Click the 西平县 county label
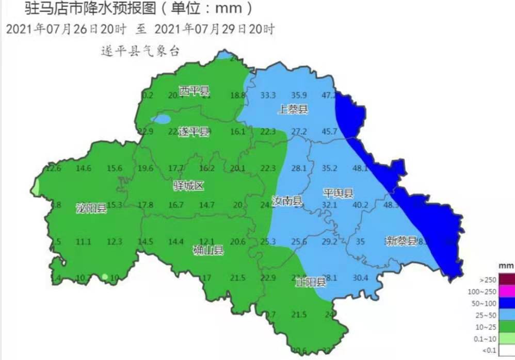pos(195,92)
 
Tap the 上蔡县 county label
pos(293,109)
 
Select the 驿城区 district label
pos(188,186)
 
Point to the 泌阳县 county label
pos(91,208)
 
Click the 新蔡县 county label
pos(401,240)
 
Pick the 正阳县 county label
pos(311,282)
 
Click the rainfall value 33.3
pos(268,95)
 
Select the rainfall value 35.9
pos(299,95)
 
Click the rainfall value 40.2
pos(360,205)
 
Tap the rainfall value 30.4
pos(360,278)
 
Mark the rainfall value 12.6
pos(54,168)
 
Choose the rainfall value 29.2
pos(329,241)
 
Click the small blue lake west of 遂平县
pos(162,120)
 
